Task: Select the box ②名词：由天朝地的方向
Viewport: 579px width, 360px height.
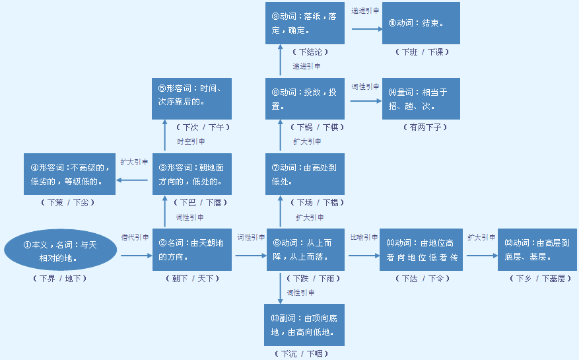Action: [192, 249]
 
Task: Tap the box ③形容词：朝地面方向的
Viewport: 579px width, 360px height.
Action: [192, 173]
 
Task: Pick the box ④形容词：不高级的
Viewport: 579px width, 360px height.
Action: [69, 173]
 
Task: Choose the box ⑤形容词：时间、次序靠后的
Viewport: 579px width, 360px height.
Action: [191, 98]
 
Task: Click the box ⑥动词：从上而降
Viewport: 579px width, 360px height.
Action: [306, 249]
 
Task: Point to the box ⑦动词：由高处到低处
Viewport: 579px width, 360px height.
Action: [305, 173]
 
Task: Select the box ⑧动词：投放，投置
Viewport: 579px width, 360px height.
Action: [305, 98]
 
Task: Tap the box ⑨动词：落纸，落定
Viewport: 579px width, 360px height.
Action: [304, 23]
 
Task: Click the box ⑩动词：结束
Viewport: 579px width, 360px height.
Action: [421, 23]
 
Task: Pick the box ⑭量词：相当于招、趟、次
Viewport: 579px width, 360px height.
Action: [421, 98]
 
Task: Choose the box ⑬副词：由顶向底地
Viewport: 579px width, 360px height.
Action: [304, 325]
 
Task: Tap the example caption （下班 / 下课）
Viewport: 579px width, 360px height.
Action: [423, 52]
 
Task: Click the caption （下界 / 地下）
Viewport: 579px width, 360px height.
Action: [59, 279]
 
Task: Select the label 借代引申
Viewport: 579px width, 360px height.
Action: [135, 236]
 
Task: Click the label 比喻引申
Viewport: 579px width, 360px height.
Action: [363, 236]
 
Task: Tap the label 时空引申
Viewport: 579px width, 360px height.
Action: [191, 141]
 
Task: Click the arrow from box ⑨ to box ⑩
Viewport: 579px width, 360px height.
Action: [366, 28]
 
